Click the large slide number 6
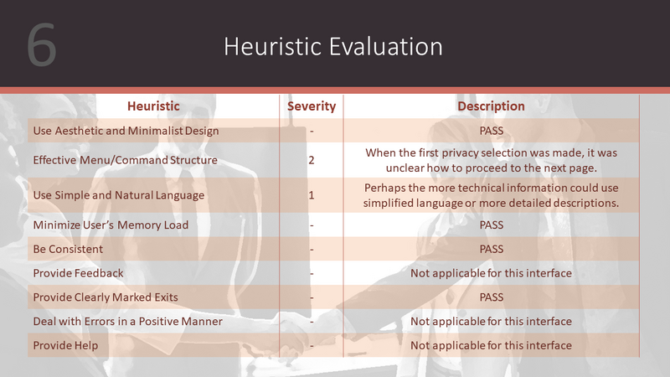tap(41, 45)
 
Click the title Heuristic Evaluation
tap(332, 46)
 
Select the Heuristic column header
tap(153, 106)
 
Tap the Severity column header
tap(312, 106)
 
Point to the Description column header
tap(491, 106)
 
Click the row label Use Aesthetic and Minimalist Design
tap(126, 131)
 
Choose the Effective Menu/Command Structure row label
tap(125, 160)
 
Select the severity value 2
tap(312, 160)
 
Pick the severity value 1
tap(312, 195)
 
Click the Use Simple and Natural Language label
tap(119, 195)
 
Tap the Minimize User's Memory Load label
tap(111, 225)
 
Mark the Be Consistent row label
tap(68, 249)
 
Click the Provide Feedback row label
tap(78, 273)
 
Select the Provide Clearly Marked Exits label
tap(106, 297)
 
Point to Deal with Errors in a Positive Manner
tap(128, 321)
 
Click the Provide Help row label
tap(65, 345)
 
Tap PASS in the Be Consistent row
tap(492, 249)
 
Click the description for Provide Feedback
tap(491, 273)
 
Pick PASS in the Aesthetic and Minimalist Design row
tap(492, 131)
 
